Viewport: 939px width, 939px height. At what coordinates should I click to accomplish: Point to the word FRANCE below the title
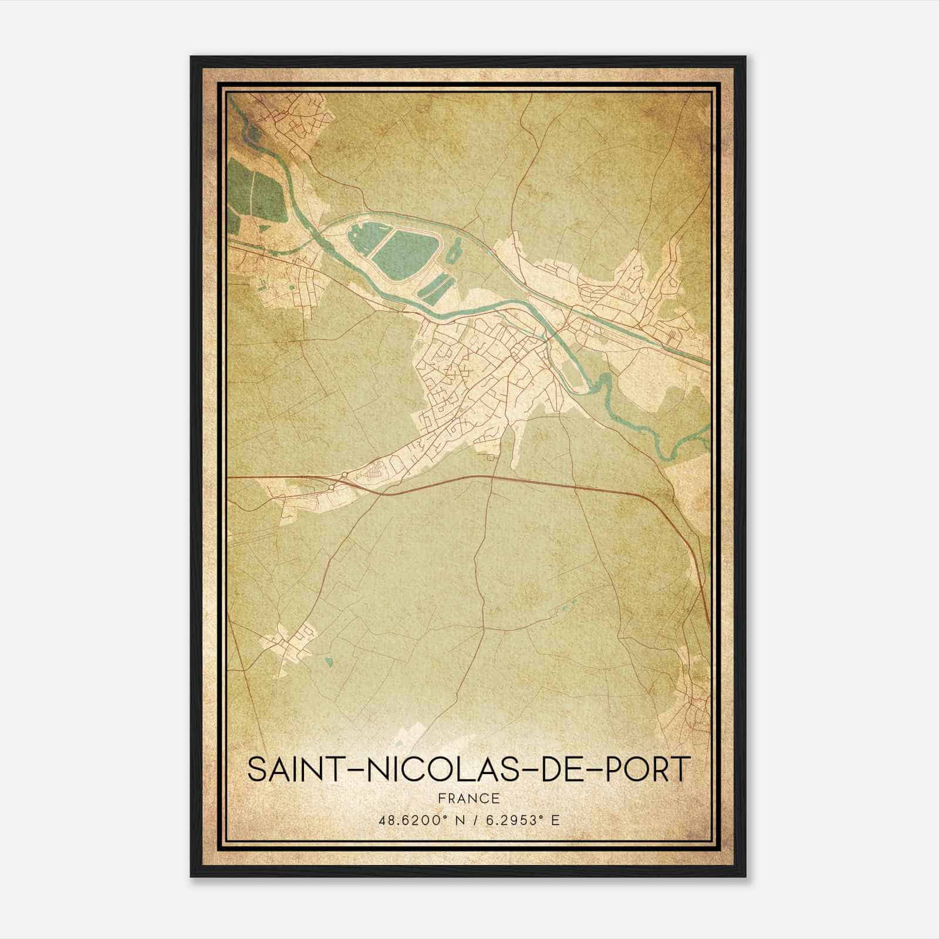pyautogui.click(x=468, y=799)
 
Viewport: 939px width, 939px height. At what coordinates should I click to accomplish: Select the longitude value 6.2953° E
pyautogui.click(x=521, y=819)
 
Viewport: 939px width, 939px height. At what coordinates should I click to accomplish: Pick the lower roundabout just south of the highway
pyautogui.click(x=332, y=487)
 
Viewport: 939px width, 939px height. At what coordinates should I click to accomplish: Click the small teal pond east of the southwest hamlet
pyautogui.click(x=329, y=662)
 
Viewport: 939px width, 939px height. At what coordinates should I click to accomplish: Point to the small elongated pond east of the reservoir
pyautogui.click(x=453, y=254)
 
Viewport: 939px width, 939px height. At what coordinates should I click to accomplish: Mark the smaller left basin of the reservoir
pyautogui.click(x=359, y=241)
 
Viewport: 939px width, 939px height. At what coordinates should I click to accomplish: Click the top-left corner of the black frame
pyautogui.click(x=191, y=58)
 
